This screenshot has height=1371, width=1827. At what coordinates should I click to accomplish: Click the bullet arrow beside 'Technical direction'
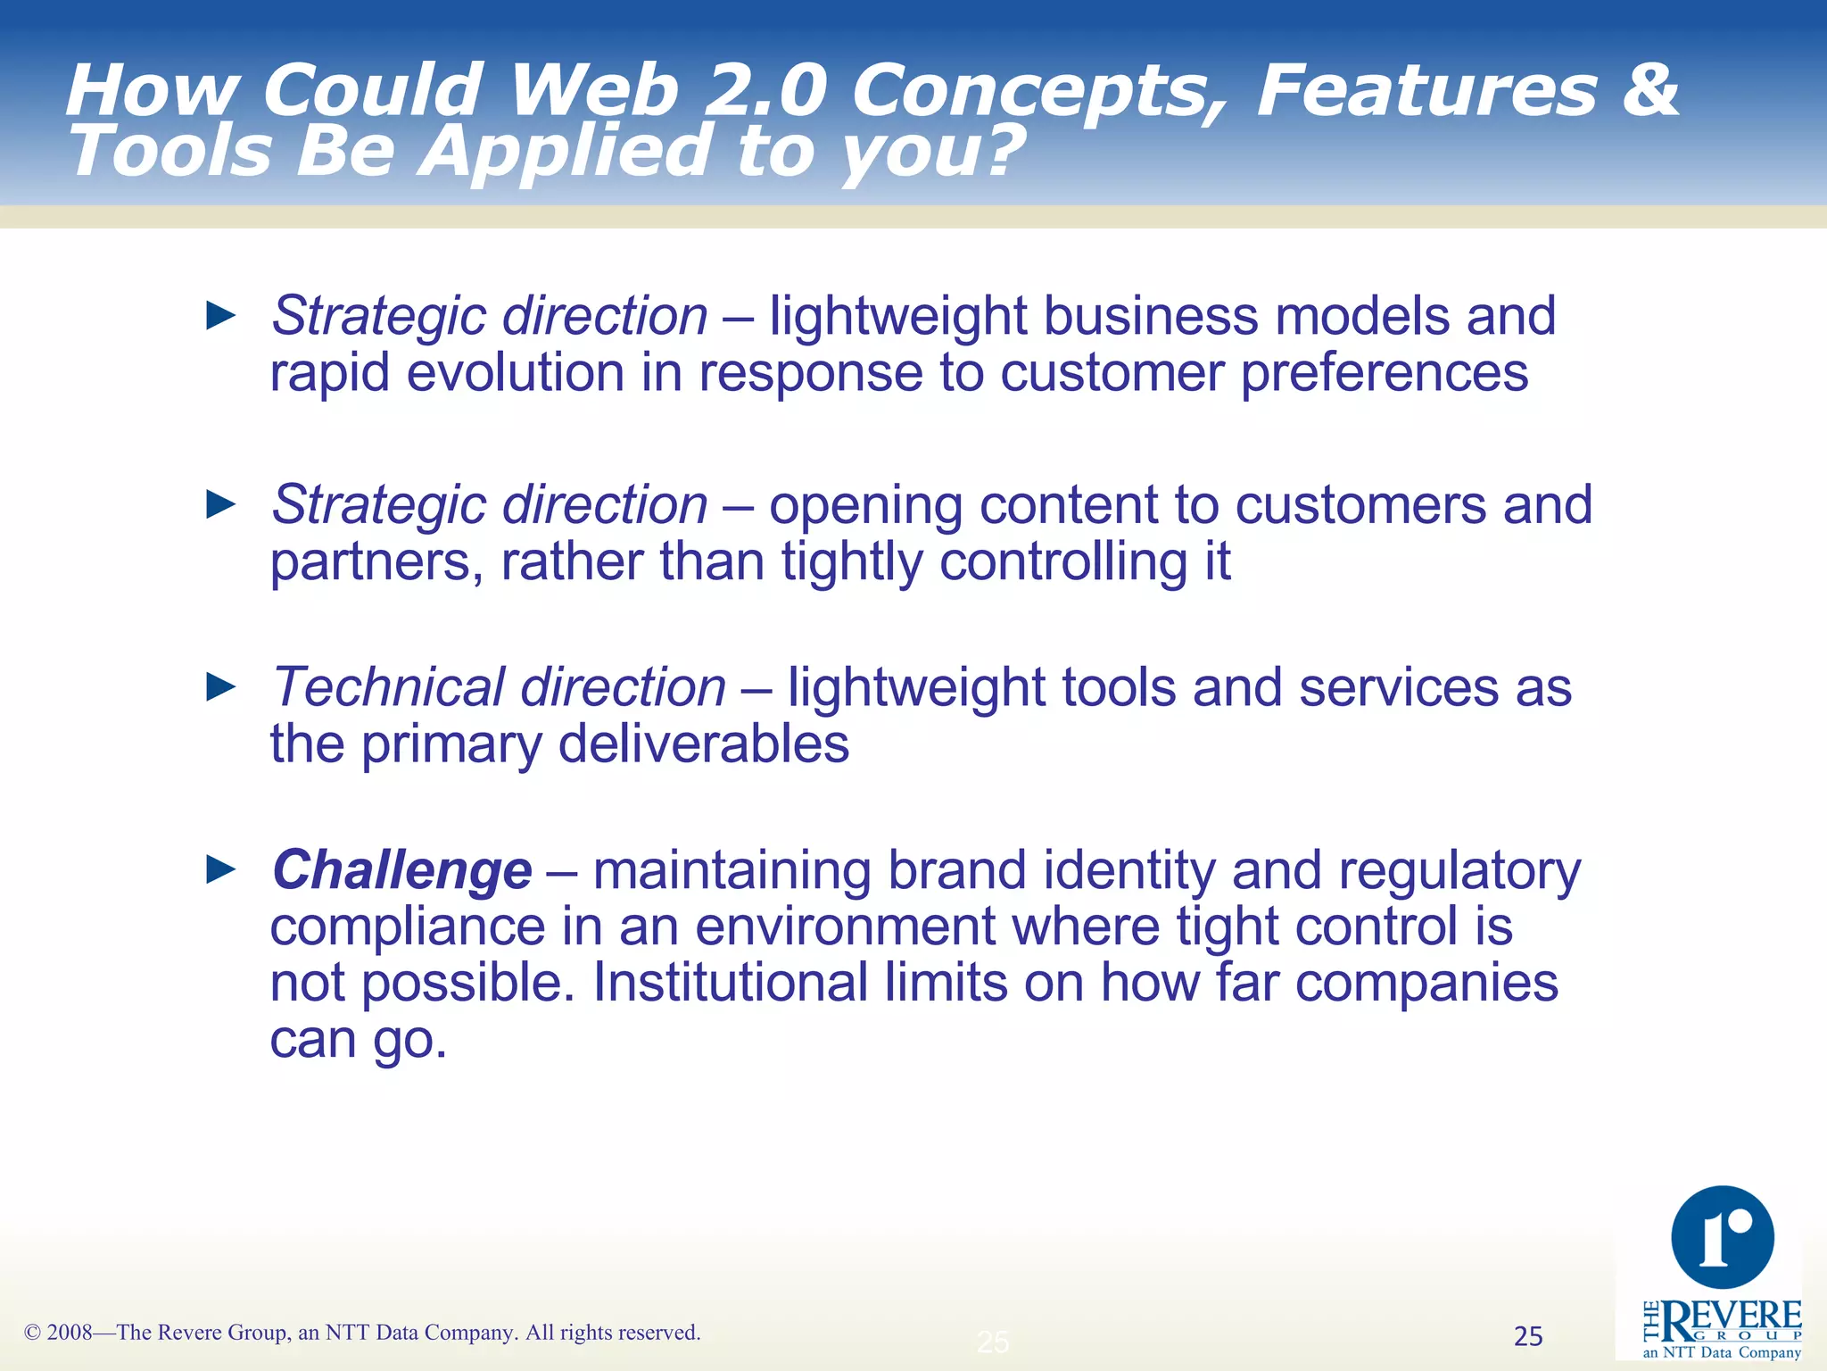click(x=220, y=687)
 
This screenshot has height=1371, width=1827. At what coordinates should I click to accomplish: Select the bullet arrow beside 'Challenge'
click(x=220, y=868)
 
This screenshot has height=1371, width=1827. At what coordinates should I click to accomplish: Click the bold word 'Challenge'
click(x=402, y=870)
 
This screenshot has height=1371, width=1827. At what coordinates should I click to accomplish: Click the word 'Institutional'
click(x=730, y=983)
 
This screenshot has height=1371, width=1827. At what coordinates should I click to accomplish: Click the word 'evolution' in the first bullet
click(x=516, y=373)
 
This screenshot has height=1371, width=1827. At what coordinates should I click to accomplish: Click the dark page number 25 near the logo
click(x=1528, y=1336)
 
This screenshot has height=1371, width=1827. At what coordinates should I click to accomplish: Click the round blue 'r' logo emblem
click(x=1722, y=1237)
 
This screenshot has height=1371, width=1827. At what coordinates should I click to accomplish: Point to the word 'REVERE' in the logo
click(x=1731, y=1317)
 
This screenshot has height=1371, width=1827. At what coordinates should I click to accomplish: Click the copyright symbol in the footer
click(x=33, y=1333)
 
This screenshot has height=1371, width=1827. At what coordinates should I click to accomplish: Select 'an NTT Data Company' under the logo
click(x=1722, y=1352)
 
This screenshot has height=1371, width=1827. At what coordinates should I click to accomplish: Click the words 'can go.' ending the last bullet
click(x=358, y=1040)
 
